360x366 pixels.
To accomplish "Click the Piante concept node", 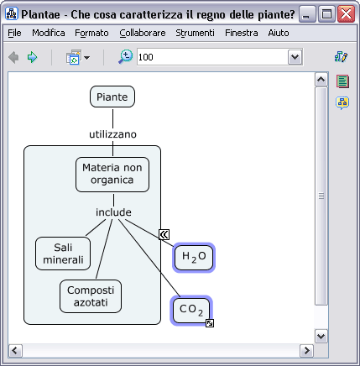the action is coord(112,97).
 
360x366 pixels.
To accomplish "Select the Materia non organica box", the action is coord(112,175).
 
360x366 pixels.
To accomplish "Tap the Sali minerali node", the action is coord(63,254).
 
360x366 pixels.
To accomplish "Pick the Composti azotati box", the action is coord(91,296).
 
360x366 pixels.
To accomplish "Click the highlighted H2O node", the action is coord(194,257).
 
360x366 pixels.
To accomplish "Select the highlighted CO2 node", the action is coord(191,311).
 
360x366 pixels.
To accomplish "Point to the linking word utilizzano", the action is coord(112,134).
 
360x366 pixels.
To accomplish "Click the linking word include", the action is coord(113,212).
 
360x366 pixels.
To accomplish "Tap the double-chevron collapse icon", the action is coord(164,234).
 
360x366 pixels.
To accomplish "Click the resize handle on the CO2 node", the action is coord(210,323).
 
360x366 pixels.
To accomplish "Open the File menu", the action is coord(14,33).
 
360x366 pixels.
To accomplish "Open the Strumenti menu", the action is coord(195,33).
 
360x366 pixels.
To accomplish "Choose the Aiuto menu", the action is coord(279,33).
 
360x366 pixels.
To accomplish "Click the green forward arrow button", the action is coord(33,57).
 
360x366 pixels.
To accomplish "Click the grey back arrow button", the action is coord(13,57).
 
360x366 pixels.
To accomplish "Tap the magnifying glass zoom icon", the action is coord(125,57).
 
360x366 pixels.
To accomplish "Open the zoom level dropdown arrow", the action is coord(295,57).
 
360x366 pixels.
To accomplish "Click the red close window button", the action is coord(346,14).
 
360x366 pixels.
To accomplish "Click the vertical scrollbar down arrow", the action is coord(321,336).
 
